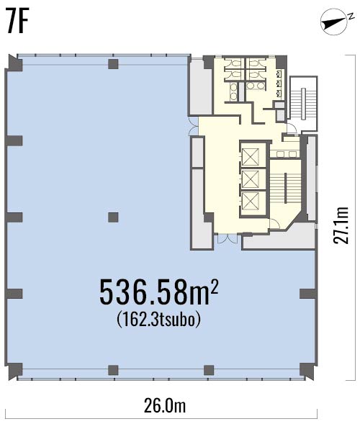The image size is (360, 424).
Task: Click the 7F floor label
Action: [x=17, y=21]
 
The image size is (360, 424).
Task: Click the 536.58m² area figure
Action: [x=158, y=292]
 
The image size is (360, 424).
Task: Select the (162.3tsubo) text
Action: [x=159, y=320]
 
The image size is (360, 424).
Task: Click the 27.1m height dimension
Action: [x=341, y=225]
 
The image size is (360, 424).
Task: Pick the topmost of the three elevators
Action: [x=250, y=157]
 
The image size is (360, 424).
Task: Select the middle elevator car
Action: [x=250, y=179]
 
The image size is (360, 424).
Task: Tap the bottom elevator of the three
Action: [x=250, y=201]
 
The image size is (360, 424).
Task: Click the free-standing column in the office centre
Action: [x=113, y=217]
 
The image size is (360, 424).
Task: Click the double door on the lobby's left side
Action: [x=194, y=126]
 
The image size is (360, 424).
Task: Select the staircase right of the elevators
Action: [x=286, y=188]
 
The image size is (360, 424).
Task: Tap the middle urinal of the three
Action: [x=279, y=84]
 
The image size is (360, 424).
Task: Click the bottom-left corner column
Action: [x=15, y=371]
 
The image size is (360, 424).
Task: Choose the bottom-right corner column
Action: [x=307, y=371]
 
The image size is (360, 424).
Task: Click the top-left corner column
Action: [x=15, y=63]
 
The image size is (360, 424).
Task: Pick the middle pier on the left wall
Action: [x=14, y=217]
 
